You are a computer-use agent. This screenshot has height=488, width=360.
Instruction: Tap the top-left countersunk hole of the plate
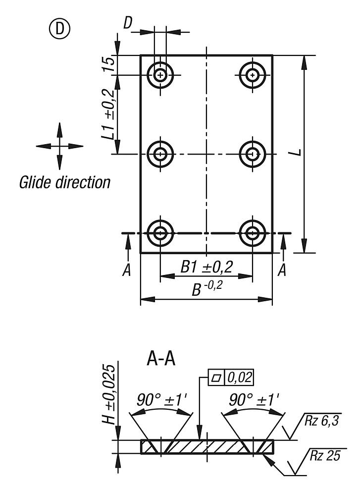tap(160, 75)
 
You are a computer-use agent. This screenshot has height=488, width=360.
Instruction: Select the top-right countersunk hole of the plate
tap(253, 75)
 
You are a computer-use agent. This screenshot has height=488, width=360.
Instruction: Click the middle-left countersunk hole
tap(160, 154)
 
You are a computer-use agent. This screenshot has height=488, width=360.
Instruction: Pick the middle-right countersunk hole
tap(253, 154)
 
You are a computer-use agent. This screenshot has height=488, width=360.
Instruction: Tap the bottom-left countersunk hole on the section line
tap(160, 233)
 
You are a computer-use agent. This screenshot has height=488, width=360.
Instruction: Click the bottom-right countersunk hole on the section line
tap(253, 233)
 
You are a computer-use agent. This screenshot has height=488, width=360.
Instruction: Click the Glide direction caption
tap(64, 182)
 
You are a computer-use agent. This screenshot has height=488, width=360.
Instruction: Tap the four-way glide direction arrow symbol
tap(59, 146)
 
